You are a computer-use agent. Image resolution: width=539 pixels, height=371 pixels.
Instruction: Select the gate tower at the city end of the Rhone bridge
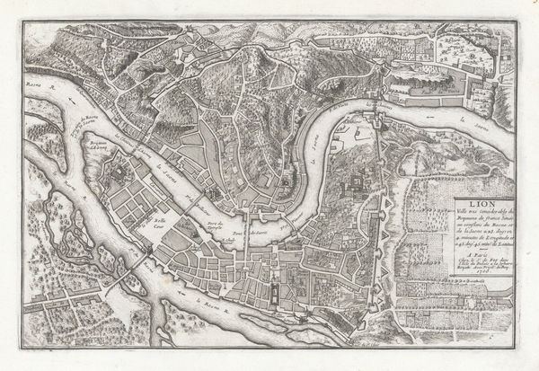click(x=142, y=246)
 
